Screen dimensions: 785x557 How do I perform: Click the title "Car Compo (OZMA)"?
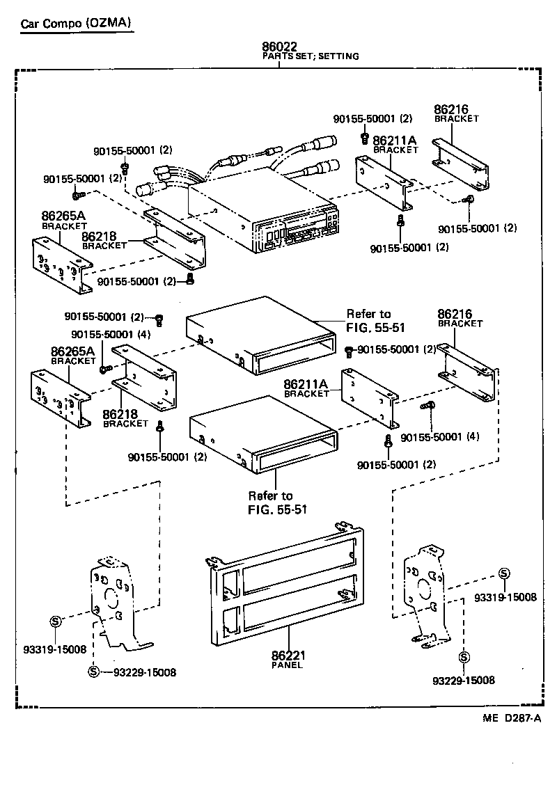tap(75, 23)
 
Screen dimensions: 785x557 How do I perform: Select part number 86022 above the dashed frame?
tap(279, 47)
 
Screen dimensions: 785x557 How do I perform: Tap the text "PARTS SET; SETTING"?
tap(310, 56)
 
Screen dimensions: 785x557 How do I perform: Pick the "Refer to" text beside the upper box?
tap(368, 314)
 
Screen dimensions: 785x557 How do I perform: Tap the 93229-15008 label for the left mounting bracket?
tap(144, 672)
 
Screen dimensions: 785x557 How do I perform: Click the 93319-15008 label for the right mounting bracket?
tap(505, 597)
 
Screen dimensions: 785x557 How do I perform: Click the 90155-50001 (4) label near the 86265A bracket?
tap(110, 333)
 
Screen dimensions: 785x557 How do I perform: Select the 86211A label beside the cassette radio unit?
tap(394, 140)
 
